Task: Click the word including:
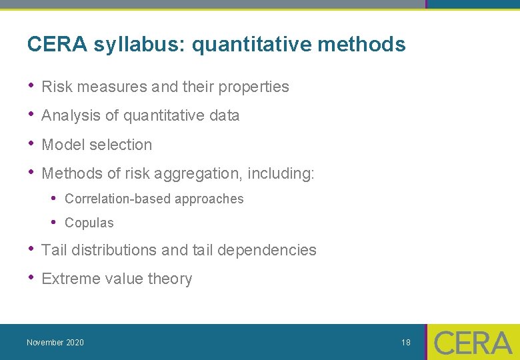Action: pyautogui.click(x=281, y=174)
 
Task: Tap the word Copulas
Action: pyautogui.click(x=89, y=223)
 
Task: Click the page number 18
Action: pyautogui.click(x=406, y=343)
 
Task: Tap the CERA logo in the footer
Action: pyautogui.click(x=473, y=343)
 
